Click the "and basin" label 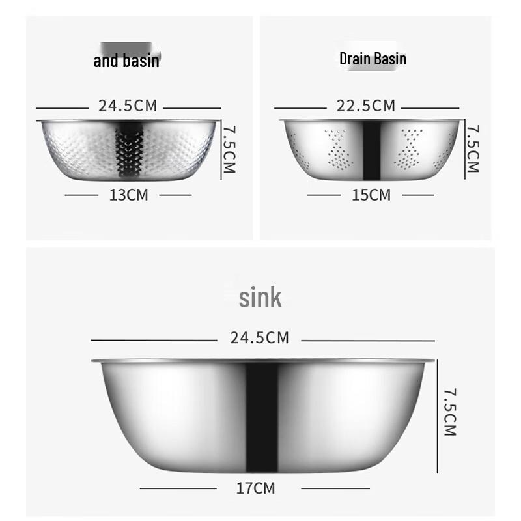tap(126, 61)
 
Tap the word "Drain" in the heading tap(354, 59)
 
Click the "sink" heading tap(260, 298)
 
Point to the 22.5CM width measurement tap(366, 106)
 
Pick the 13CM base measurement tap(129, 195)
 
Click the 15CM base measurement tap(371, 195)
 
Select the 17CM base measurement tap(255, 488)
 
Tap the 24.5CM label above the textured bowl tap(128, 106)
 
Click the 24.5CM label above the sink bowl tap(259, 338)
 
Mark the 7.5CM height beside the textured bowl tap(228, 149)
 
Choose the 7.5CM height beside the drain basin tap(473, 149)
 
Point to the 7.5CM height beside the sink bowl tap(450, 412)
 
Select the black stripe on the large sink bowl tap(262, 417)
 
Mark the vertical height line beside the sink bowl tap(436, 417)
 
